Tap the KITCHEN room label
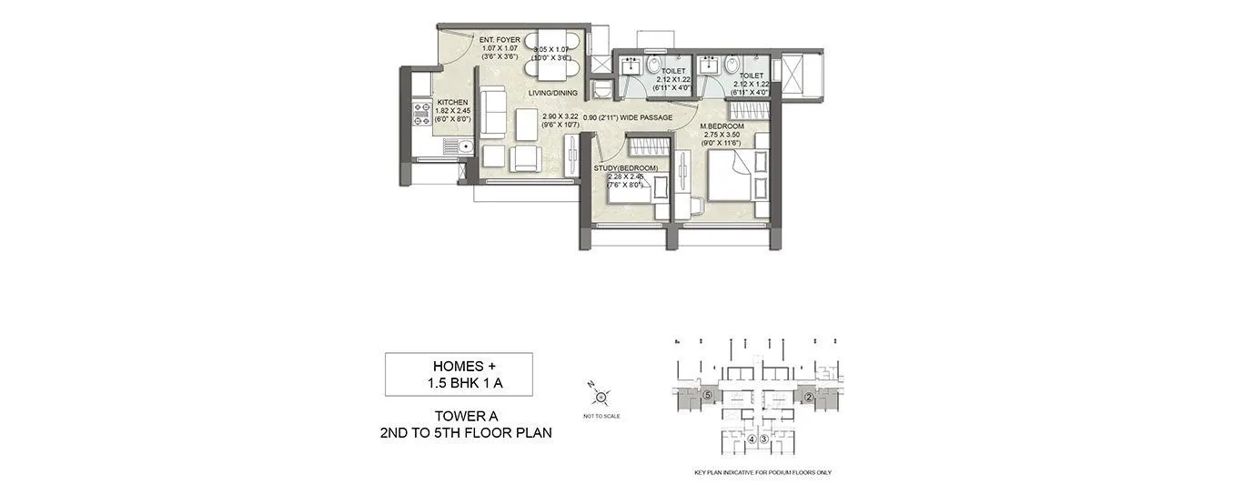click(x=452, y=103)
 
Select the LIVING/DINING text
click(x=554, y=93)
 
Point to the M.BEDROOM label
click(x=722, y=126)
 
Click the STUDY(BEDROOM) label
click(x=625, y=168)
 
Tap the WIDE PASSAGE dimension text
click(x=628, y=117)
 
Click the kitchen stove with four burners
click(x=422, y=113)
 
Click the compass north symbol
click(x=601, y=396)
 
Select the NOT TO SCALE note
click(x=602, y=416)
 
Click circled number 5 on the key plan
click(x=707, y=394)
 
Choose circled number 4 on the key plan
click(x=752, y=439)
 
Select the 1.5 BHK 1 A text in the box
click(x=459, y=383)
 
